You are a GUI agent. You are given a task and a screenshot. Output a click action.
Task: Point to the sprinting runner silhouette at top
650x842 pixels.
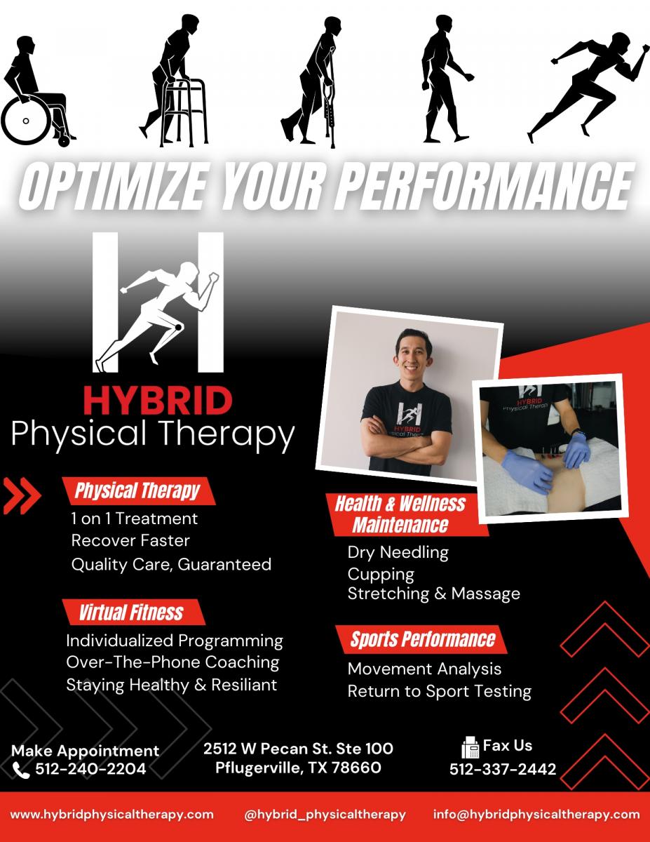588,88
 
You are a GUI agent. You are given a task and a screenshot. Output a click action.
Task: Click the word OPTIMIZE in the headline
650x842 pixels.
112,187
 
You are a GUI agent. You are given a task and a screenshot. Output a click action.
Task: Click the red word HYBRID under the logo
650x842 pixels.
158,401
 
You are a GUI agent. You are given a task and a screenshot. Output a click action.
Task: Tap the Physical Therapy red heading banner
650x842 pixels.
138,490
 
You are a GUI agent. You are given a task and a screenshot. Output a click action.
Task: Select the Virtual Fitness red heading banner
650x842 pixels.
133,613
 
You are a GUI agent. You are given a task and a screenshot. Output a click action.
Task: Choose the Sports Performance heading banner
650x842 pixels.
421,639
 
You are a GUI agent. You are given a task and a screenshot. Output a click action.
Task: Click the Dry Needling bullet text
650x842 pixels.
398,552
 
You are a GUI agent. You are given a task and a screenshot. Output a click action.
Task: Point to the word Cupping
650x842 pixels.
381,575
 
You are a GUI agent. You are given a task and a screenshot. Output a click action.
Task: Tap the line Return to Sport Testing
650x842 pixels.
440,691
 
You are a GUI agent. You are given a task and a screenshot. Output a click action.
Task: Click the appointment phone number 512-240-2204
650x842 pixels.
90,769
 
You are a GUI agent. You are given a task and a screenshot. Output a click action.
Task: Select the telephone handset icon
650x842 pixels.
20,770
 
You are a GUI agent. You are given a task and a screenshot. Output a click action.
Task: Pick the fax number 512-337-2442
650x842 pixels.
503,769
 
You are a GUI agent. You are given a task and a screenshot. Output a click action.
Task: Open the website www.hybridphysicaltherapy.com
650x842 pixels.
112,814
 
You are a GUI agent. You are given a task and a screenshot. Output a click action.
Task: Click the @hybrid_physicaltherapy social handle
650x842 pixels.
325,814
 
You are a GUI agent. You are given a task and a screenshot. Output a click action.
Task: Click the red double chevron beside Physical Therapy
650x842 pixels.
22,496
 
